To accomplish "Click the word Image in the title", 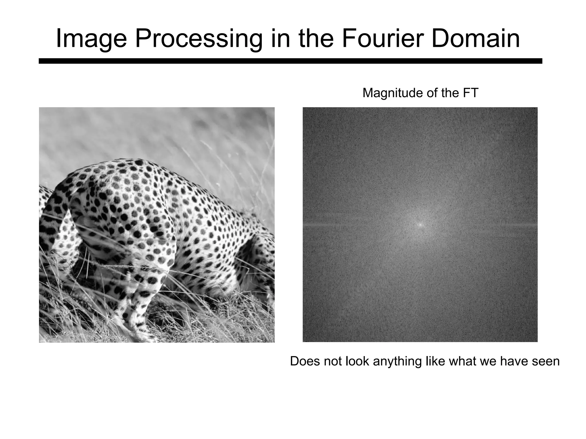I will [91, 39].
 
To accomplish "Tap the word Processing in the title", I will [198, 39].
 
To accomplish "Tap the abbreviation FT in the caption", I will [470, 93].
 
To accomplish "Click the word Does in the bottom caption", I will [305, 361].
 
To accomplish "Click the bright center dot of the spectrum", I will [420, 225].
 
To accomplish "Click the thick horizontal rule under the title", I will [290, 61].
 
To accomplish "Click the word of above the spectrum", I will [431, 93].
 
